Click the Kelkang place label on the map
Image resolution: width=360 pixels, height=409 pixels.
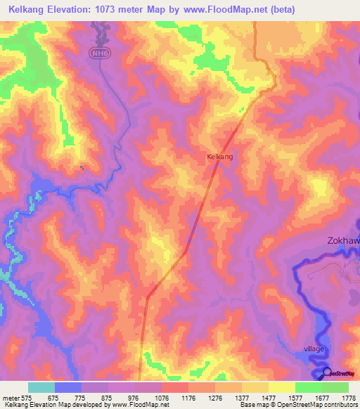pos(219,157)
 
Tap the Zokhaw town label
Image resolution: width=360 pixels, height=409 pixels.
pos(343,240)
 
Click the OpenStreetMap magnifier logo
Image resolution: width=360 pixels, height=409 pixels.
pos(327,372)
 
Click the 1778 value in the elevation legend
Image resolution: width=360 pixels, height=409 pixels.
pos(347,397)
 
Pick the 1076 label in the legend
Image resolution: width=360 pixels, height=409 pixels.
pos(161,397)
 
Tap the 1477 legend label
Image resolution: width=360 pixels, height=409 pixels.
pos(267,397)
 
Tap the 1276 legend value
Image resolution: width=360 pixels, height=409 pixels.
pos(214,397)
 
